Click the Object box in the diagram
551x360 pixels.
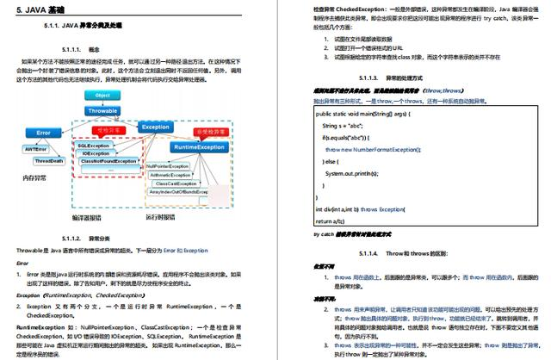tap(102, 95)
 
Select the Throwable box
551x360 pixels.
tap(102, 110)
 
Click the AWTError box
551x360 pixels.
tap(35, 149)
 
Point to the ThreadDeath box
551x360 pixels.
tap(49, 161)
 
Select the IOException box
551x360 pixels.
tap(96, 152)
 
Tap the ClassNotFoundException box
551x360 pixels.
tap(108, 161)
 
